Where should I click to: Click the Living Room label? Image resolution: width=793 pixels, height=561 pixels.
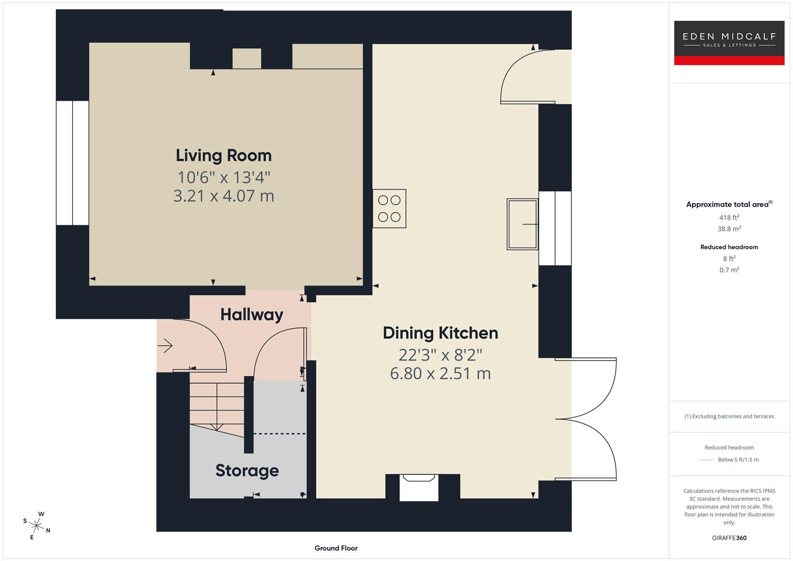click(223, 155)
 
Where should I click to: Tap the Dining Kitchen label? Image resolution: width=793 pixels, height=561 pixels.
click(440, 333)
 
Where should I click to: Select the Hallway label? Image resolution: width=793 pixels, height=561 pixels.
click(251, 314)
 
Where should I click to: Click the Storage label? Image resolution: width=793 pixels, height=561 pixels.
click(247, 471)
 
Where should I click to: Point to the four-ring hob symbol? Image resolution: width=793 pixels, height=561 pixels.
click(389, 208)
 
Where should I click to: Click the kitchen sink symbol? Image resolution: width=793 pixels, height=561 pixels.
click(522, 224)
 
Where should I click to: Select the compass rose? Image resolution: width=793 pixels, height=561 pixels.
click(36, 525)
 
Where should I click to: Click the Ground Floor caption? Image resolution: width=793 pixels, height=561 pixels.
click(335, 548)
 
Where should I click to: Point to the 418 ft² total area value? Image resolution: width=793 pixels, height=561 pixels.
click(729, 218)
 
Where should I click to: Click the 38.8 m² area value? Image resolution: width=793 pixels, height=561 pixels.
click(729, 229)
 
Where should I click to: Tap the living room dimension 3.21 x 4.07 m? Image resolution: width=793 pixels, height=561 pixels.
click(223, 196)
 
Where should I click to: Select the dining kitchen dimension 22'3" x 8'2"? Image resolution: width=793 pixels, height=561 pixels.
click(440, 355)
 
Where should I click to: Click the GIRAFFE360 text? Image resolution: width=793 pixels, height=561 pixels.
click(729, 538)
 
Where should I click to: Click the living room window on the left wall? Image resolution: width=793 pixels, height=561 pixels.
click(72, 163)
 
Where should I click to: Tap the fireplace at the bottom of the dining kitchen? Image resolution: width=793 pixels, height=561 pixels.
click(419, 488)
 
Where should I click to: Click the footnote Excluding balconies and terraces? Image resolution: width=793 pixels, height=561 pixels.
click(729, 416)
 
